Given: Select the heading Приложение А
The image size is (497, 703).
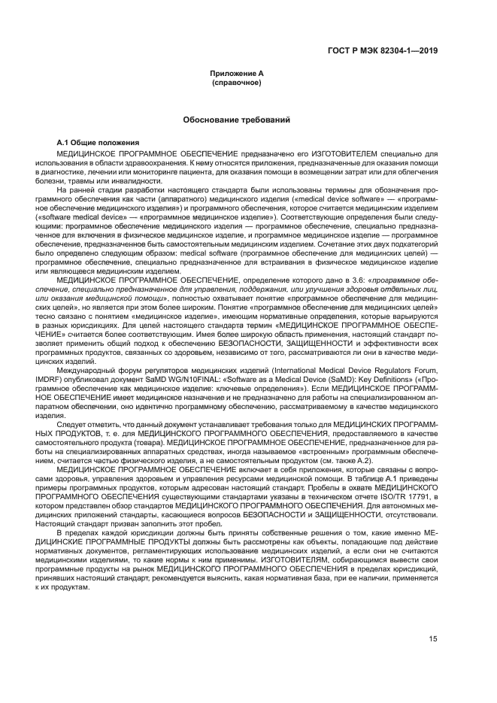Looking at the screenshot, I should [x=236, y=73].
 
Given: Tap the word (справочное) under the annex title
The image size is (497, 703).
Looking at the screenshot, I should [x=236, y=81].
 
